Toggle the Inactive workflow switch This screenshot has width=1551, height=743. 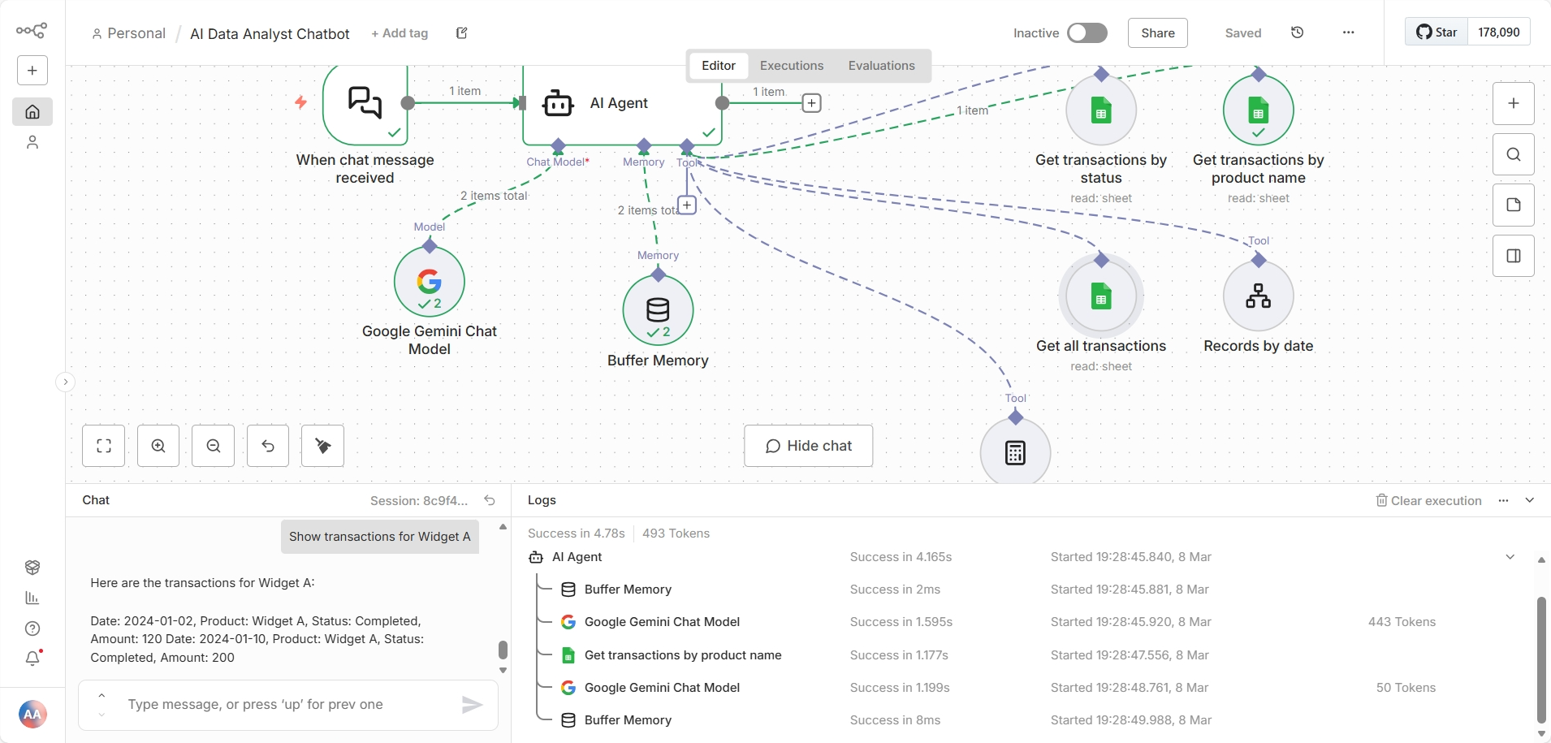tap(1087, 32)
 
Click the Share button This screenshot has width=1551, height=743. tap(1157, 32)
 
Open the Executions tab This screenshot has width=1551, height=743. tap(791, 66)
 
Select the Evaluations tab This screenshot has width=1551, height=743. tap(881, 66)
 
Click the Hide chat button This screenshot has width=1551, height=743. tap(808, 446)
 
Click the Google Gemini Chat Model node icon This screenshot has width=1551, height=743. tap(430, 282)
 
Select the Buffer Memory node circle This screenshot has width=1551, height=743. tap(658, 310)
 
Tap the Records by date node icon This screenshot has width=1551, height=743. tap(1258, 296)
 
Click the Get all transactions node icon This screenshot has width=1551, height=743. tap(1100, 296)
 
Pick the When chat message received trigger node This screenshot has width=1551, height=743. tap(365, 103)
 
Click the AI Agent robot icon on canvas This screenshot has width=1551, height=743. tap(559, 103)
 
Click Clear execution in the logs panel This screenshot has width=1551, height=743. tap(1428, 500)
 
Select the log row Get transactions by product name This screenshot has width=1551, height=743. tap(682, 655)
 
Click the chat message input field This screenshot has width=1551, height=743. tap(284, 704)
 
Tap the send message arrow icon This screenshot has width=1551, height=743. tap(472, 705)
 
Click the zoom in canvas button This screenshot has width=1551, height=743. tap(158, 446)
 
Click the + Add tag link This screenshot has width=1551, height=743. tap(400, 33)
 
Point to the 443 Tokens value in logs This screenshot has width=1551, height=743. tap(1402, 622)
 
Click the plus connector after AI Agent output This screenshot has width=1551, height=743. tap(811, 103)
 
